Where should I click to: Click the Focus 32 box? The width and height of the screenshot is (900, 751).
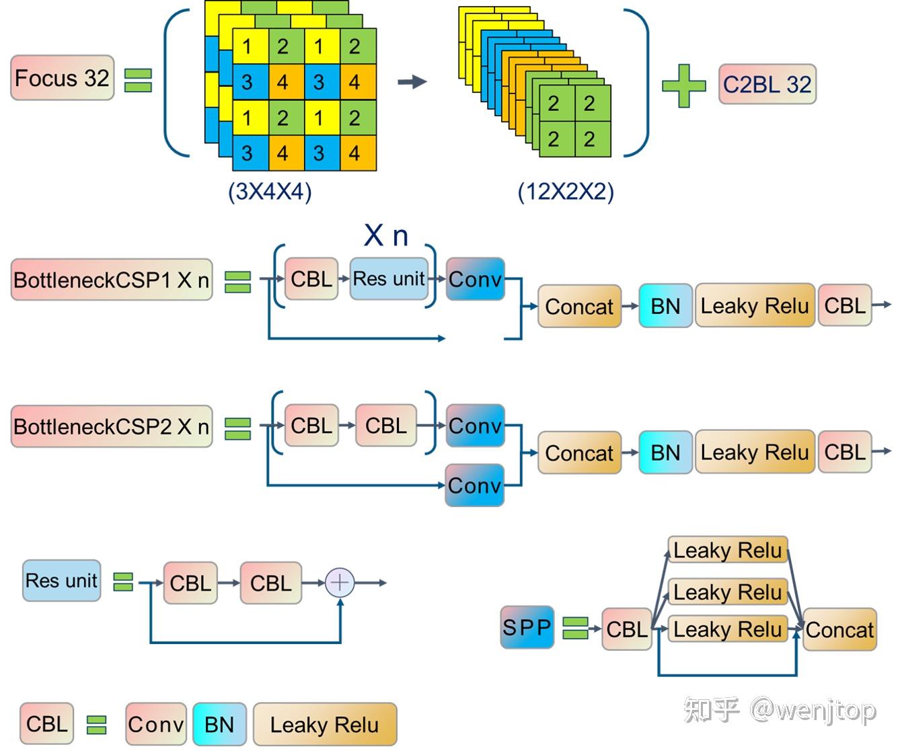[62, 77]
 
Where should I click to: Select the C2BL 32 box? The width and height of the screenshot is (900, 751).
[767, 84]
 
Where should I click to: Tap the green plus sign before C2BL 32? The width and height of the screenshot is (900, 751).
[683, 86]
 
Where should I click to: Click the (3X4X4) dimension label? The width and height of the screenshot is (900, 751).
[270, 191]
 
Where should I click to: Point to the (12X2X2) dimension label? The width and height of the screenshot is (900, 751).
[566, 191]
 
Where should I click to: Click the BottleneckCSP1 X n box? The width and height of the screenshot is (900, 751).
[112, 280]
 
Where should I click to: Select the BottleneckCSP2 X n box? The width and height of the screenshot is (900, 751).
[112, 426]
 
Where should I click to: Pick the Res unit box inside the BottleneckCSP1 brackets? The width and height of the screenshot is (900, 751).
[389, 279]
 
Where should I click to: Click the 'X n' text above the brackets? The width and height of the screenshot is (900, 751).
[386, 236]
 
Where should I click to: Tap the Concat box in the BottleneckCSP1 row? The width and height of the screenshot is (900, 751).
[579, 307]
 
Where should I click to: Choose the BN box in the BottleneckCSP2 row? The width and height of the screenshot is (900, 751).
[665, 452]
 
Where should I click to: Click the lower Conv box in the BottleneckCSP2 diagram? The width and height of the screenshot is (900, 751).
[475, 485]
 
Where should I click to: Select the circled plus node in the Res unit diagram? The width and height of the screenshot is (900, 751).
[340, 582]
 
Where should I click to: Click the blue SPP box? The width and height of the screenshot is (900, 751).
[527, 627]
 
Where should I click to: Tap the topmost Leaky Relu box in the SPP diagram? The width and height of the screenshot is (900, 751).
[728, 550]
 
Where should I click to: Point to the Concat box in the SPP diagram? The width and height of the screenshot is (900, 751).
[839, 629]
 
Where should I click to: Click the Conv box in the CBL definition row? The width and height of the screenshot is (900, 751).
[156, 724]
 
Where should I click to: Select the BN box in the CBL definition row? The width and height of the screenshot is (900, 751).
[219, 724]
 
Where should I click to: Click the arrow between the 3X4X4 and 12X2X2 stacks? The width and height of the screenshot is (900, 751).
[412, 81]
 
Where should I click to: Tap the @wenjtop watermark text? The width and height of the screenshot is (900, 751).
[813, 710]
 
